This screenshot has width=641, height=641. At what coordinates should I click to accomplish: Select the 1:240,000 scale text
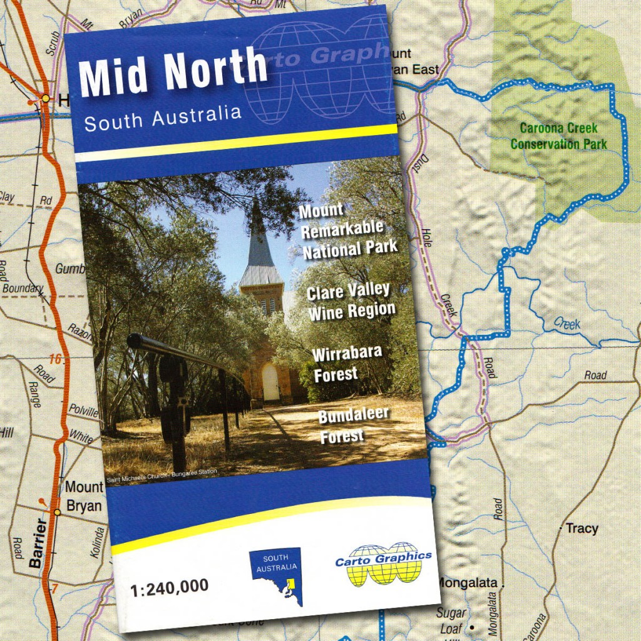[x=169, y=587]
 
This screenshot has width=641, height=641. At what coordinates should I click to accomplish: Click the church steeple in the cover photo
[x=259, y=244]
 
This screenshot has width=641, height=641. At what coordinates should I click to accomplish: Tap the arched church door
[x=270, y=382]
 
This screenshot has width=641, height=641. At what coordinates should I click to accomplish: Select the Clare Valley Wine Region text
[x=351, y=301]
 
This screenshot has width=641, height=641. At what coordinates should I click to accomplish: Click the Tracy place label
[x=582, y=528]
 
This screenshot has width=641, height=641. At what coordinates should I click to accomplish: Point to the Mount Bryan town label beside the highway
[x=84, y=496]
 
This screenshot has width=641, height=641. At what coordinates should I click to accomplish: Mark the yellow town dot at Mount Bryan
[x=57, y=512]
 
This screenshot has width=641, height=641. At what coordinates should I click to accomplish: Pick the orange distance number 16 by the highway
[x=55, y=359]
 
